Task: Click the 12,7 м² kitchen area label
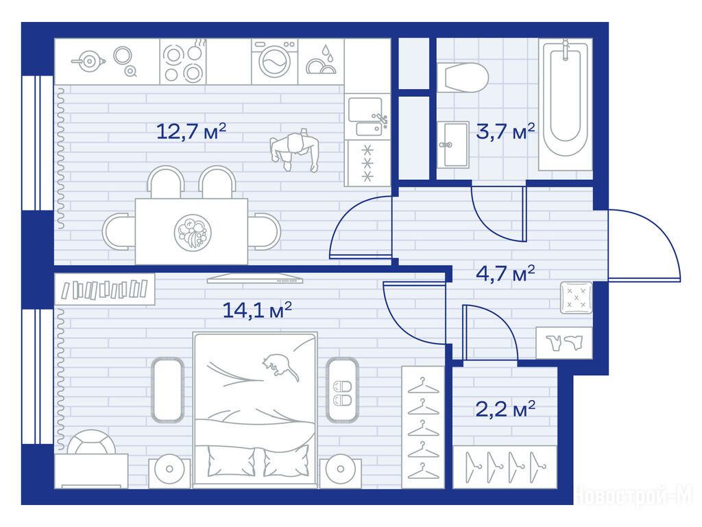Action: click(191, 131)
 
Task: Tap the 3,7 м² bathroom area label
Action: click(505, 131)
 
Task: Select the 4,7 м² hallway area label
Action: click(505, 272)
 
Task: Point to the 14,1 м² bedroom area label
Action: click(257, 309)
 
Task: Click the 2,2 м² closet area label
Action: click(505, 409)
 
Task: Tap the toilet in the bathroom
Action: click(462, 78)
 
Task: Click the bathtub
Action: click(566, 106)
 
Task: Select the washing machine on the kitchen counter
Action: click(274, 61)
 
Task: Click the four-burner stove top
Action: click(183, 61)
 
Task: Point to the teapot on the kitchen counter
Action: click(88, 61)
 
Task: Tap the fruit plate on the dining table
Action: click(193, 232)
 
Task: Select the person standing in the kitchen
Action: click(294, 150)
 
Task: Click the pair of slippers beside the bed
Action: click(343, 393)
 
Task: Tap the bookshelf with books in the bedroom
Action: click(105, 290)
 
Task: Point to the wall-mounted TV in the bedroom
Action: click(255, 279)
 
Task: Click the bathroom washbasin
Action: click(453, 145)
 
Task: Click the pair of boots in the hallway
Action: click(564, 343)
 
